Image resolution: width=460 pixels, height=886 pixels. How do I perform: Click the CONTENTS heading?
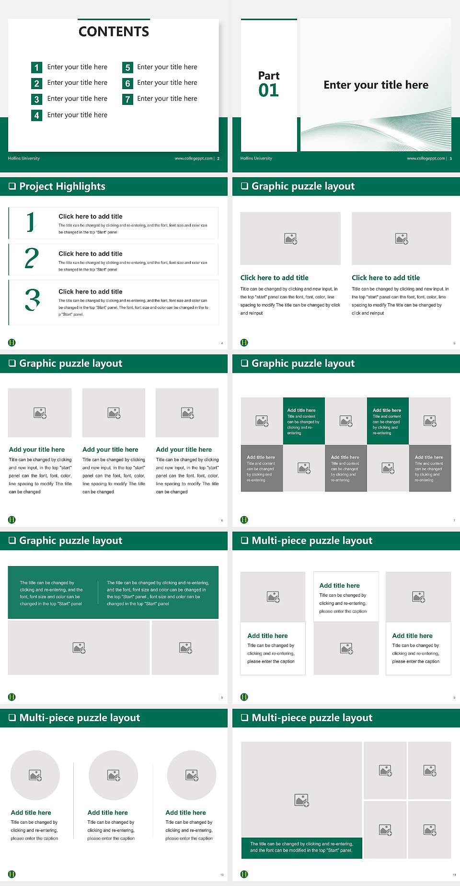pos(114,32)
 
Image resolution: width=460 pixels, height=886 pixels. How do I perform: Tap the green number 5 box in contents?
pos(127,68)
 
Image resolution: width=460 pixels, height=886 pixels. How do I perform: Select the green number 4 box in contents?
pos(36,115)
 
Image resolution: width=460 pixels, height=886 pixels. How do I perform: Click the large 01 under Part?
pos(268,90)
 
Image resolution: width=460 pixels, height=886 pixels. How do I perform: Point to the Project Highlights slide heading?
pos(62,186)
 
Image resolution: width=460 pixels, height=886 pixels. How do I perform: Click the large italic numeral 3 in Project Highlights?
pos(32,300)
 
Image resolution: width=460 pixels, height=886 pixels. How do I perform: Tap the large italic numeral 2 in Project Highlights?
pos(32,258)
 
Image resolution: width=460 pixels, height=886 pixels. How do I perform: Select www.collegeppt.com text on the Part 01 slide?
pos(425,159)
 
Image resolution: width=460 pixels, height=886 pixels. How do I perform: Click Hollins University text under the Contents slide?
pos(24,159)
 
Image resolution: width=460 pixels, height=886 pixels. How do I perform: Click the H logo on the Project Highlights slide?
pos(12,342)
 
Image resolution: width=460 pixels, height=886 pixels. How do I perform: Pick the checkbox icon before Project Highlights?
pos(12,186)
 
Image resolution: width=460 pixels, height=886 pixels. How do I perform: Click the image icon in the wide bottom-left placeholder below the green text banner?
pos(79,648)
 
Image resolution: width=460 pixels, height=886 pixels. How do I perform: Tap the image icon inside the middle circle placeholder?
pos(114,775)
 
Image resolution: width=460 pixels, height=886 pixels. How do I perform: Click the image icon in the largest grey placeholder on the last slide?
pos(301,800)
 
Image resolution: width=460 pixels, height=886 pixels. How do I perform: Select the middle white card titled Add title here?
pos(346,597)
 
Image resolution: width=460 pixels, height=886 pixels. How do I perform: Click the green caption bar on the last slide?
pos(301,847)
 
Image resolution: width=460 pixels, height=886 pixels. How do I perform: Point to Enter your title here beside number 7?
pos(167,99)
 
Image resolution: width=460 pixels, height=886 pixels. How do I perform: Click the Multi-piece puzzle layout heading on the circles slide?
pos(80,718)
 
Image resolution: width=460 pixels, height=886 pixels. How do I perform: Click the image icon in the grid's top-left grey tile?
pos(262,421)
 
